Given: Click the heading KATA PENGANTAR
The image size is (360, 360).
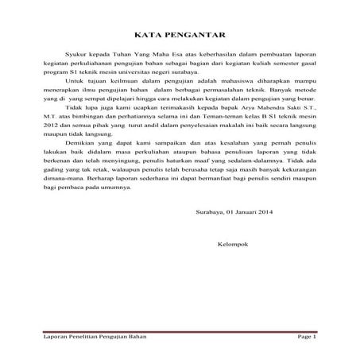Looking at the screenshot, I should coord(180,36).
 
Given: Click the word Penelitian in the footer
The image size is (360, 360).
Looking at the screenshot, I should coord(82,338).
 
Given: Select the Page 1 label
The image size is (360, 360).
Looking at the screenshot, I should coord(307,338).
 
